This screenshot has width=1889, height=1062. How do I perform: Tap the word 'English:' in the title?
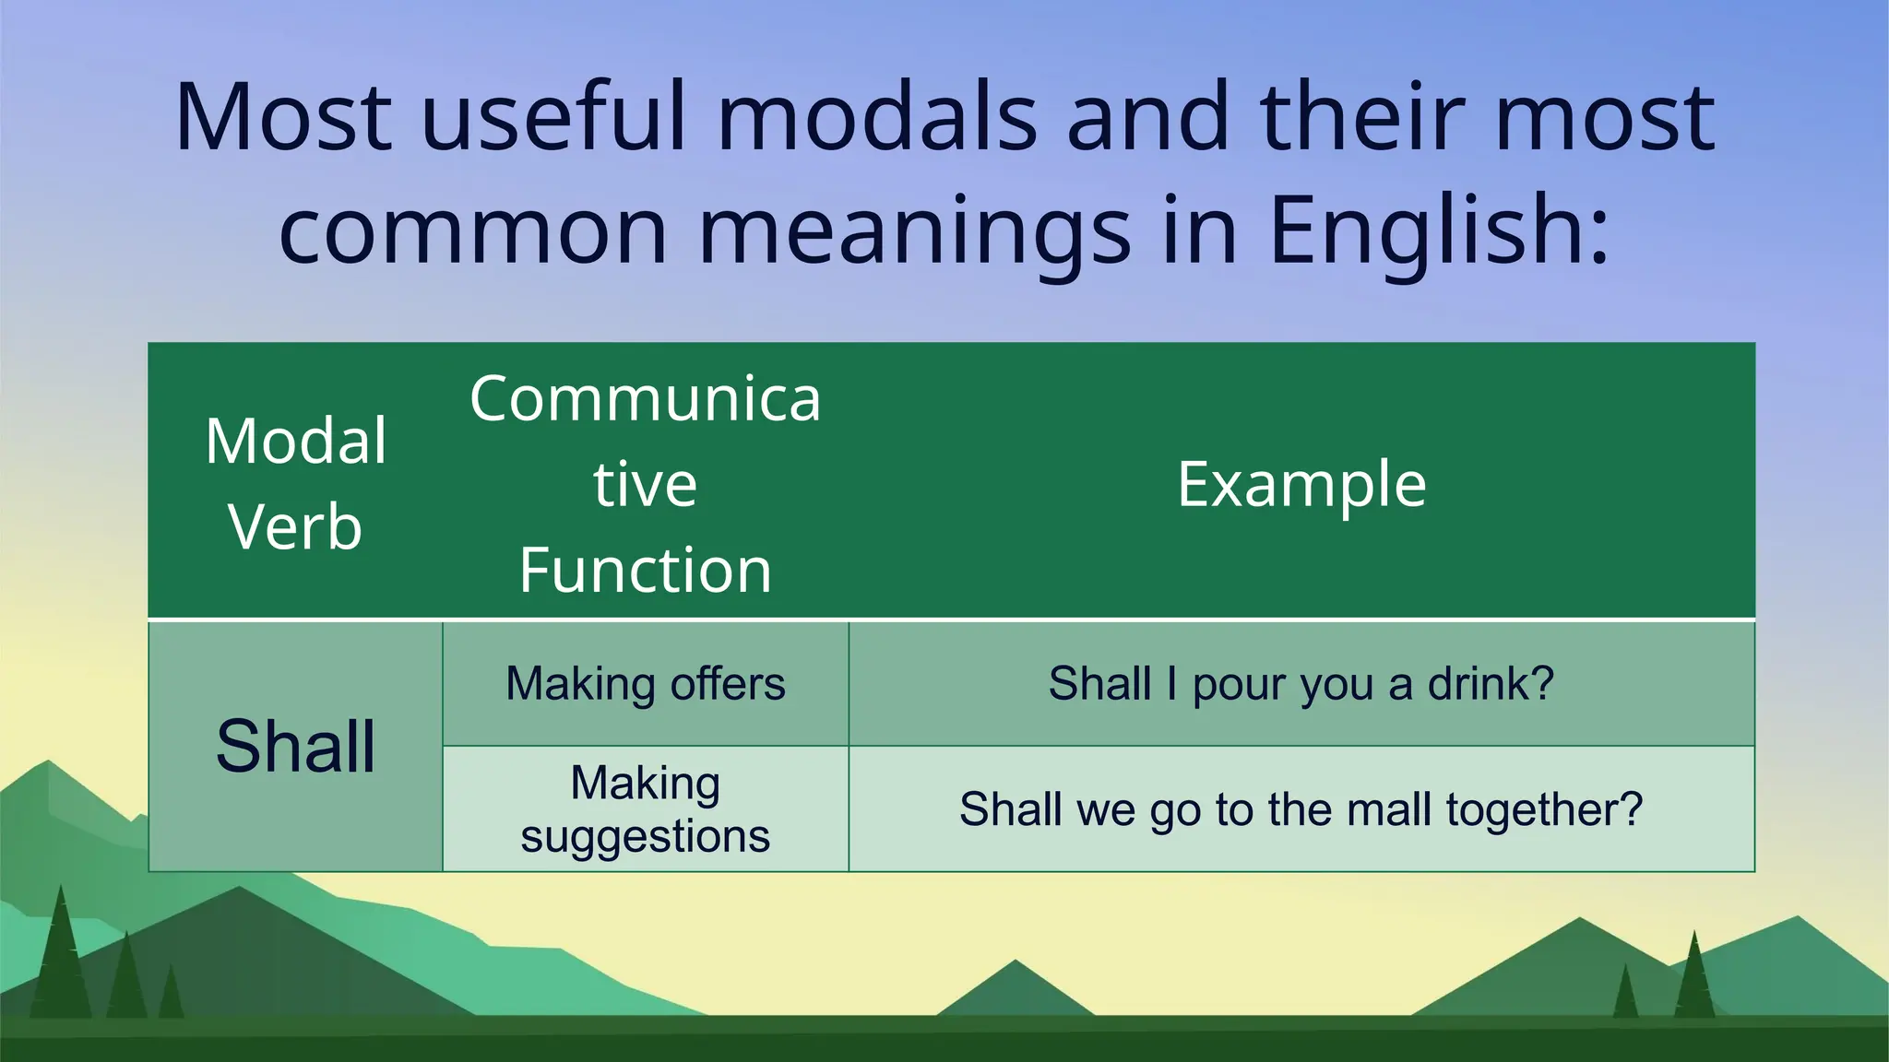(x=1439, y=230)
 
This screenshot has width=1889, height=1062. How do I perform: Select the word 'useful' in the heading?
(x=553, y=117)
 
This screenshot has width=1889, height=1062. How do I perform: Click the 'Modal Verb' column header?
(x=295, y=483)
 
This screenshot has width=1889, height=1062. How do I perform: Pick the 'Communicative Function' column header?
(x=645, y=483)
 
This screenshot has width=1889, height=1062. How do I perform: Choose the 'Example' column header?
(x=1301, y=484)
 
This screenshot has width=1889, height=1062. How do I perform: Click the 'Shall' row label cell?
(x=295, y=746)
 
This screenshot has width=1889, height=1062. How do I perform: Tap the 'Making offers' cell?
(x=645, y=684)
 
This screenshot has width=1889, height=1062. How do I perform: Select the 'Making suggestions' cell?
(x=645, y=809)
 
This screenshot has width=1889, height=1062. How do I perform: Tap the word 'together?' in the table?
(x=1544, y=810)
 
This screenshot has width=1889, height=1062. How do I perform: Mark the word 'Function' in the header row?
(x=645, y=570)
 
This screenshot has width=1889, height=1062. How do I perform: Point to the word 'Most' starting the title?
(x=282, y=117)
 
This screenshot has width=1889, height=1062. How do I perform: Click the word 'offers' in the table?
(x=728, y=684)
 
